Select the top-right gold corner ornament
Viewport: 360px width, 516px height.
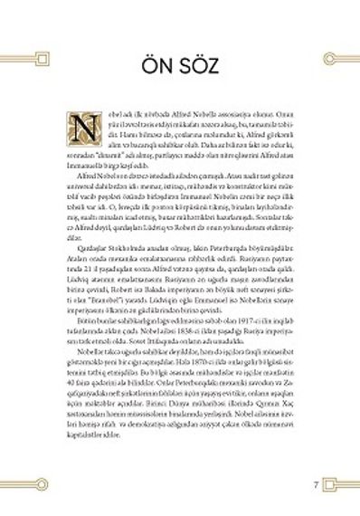pos(336,60)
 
